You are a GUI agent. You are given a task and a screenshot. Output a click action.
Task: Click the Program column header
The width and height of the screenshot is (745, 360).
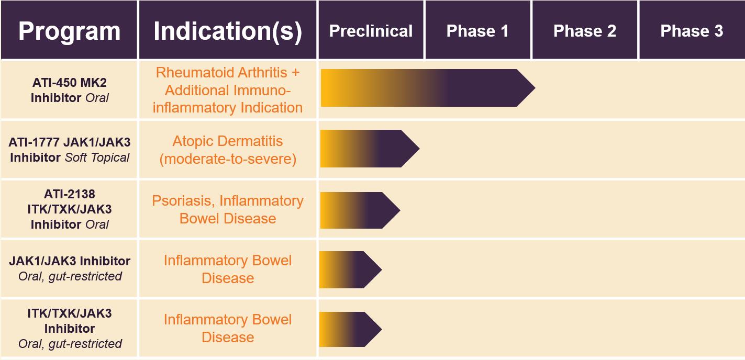pyautogui.click(x=69, y=31)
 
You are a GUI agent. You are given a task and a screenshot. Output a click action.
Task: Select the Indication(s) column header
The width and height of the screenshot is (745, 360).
pyautogui.click(x=228, y=31)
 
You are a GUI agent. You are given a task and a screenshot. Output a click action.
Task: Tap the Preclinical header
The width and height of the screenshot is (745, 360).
pyautogui.click(x=371, y=31)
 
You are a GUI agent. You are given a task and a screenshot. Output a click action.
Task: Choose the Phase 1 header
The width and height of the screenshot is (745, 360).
pyautogui.click(x=477, y=31)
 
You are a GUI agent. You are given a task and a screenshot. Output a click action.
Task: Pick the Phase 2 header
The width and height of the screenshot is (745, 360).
pyautogui.click(x=585, y=31)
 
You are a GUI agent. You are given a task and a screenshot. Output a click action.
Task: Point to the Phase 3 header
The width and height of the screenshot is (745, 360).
pyautogui.click(x=692, y=31)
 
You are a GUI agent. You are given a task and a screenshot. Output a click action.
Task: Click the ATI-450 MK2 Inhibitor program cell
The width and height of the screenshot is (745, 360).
pyautogui.click(x=70, y=90)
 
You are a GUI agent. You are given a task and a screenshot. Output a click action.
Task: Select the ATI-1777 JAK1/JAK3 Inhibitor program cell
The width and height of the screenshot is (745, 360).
pyautogui.click(x=70, y=150)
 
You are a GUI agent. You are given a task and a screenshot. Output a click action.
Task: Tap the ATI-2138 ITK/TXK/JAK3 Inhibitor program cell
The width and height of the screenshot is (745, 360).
pyautogui.click(x=70, y=209)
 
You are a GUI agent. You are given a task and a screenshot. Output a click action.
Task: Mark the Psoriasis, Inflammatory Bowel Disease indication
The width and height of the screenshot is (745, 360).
pyautogui.click(x=228, y=209)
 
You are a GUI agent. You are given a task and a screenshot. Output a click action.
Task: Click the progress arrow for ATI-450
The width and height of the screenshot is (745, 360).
pyautogui.click(x=428, y=88)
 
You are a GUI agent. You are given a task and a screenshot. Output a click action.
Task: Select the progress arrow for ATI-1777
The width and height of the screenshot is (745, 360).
pyautogui.click(x=370, y=149)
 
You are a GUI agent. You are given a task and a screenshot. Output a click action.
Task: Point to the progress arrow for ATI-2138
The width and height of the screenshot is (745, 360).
pyautogui.click(x=360, y=210)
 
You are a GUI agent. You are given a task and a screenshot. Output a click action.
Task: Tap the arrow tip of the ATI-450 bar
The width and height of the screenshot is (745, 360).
pyautogui.click(x=535, y=88)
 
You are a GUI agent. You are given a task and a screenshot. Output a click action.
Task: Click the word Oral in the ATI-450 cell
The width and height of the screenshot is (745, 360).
pyautogui.click(x=97, y=98)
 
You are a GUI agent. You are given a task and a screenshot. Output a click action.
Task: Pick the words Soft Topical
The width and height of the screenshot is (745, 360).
pyautogui.click(x=97, y=157)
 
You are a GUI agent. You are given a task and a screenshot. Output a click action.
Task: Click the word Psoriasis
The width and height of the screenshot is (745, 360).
pyautogui.click(x=181, y=201)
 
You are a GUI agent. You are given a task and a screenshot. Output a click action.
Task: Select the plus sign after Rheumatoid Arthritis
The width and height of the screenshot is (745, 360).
pyautogui.click(x=296, y=72)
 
